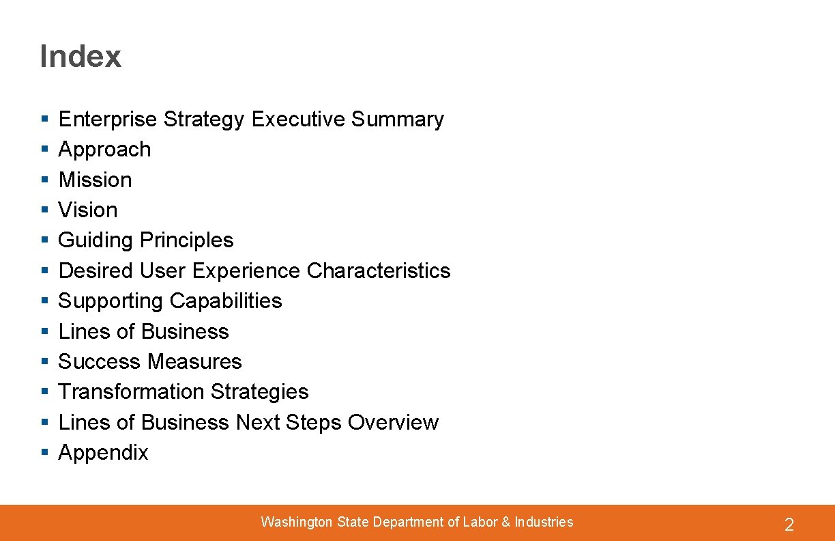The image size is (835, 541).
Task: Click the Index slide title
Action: click(x=80, y=56)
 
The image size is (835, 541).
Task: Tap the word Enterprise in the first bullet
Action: click(x=108, y=120)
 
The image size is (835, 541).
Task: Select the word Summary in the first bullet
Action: click(x=397, y=120)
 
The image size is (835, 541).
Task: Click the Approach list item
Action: click(x=104, y=150)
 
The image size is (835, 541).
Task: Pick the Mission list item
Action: click(x=95, y=180)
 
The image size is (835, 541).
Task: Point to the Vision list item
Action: click(x=88, y=210)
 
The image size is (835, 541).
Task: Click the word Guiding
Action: click(x=96, y=240)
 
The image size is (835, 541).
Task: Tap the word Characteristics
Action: click(x=379, y=270)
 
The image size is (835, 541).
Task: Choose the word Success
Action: click(x=100, y=361)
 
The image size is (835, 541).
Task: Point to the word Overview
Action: click(x=393, y=422)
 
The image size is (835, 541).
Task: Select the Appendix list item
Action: click(x=103, y=453)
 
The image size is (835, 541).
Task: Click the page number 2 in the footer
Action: click(x=789, y=525)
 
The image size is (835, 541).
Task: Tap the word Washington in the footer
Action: click(x=296, y=522)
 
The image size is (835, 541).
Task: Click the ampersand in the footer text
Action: click(x=506, y=522)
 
